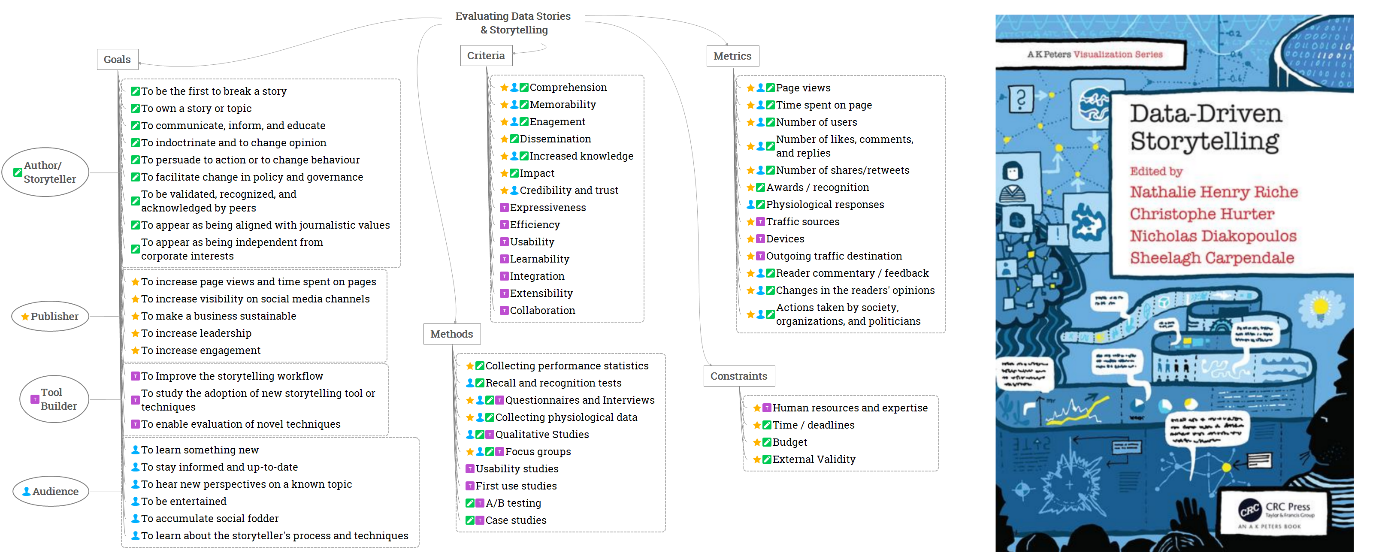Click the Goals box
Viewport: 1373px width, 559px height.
tap(117, 59)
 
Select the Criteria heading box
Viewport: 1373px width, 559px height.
tap(486, 55)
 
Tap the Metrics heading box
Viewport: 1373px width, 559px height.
tap(732, 56)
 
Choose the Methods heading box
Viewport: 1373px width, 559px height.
tap(451, 334)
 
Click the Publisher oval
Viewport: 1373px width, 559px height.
tap(50, 317)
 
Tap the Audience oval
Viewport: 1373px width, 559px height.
tap(51, 491)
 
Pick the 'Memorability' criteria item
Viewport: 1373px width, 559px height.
tap(563, 104)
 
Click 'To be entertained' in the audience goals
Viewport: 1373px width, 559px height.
tap(183, 502)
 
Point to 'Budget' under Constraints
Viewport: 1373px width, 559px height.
tap(789, 442)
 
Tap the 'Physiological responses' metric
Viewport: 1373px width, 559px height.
tap(825, 205)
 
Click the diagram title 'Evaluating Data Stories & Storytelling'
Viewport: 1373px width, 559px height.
tap(513, 23)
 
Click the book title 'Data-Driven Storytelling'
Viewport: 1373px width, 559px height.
tap(1204, 127)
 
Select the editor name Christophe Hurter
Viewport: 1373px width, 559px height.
tap(1202, 214)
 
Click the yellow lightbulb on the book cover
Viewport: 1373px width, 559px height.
tap(1321, 308)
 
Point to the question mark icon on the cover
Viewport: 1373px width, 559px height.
tap(1021, 99)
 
